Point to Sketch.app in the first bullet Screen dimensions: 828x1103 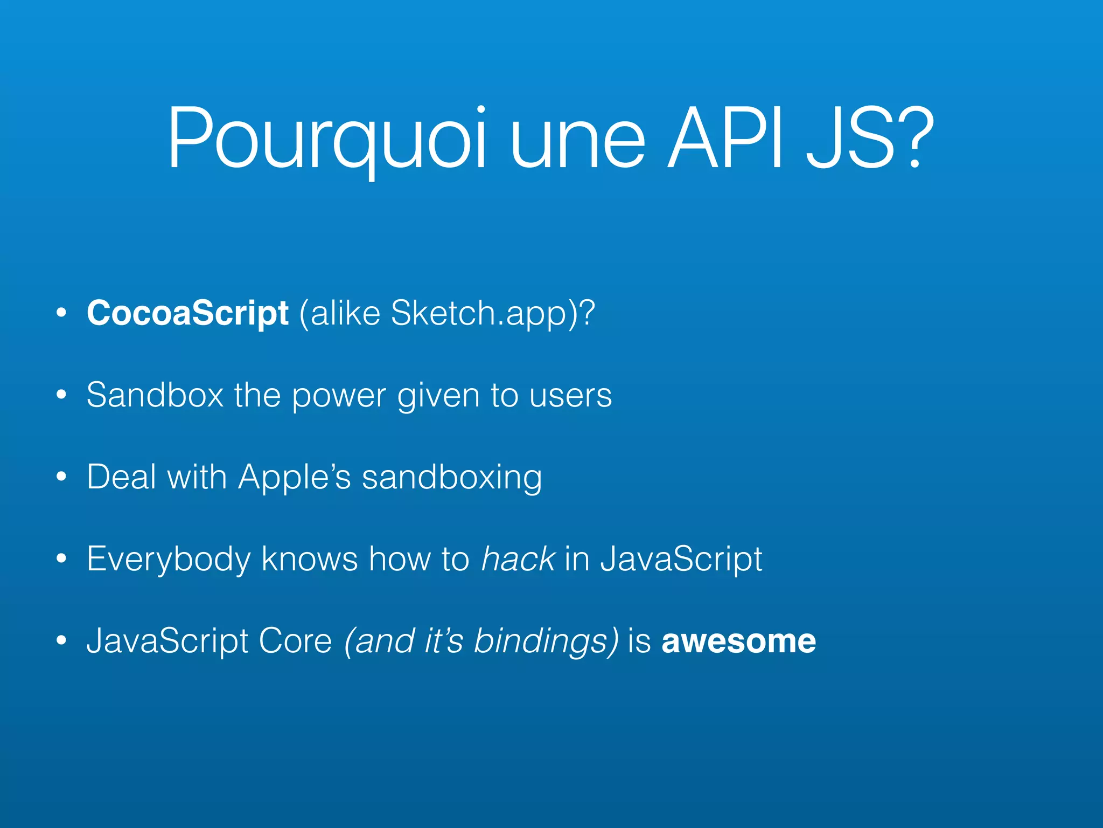479,314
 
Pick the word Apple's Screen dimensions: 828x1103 294,478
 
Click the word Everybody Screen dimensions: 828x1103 169,560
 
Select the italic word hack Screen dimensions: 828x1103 518,558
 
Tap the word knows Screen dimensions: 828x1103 309,558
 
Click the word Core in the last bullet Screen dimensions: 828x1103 295,641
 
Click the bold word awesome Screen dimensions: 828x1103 738,641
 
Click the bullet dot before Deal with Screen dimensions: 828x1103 61,477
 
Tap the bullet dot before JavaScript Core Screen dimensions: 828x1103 61,641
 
